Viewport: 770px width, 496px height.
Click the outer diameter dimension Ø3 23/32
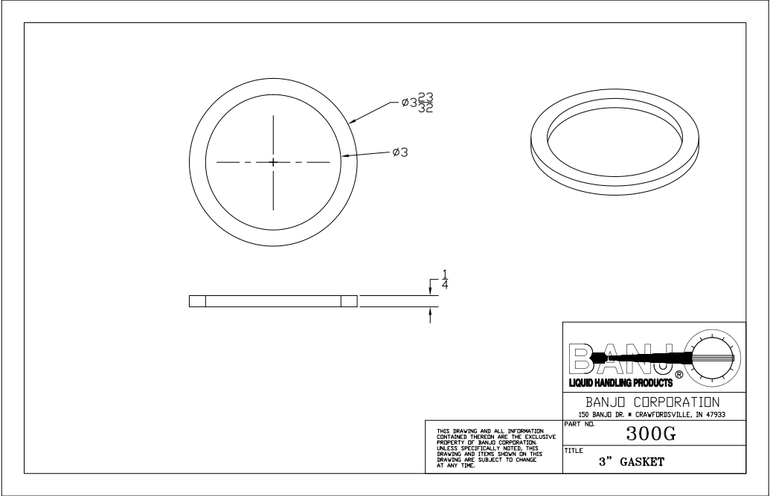(x=418, y=103)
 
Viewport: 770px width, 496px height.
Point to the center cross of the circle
(x=273, y=161)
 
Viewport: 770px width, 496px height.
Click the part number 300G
(x=650, y=432)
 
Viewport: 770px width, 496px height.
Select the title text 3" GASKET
(x=632, y=461)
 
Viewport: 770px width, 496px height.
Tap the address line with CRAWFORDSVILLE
(x=652, y=413)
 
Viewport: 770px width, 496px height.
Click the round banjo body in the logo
(x=713, y=358)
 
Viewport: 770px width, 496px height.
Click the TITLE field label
(x=573, y=451)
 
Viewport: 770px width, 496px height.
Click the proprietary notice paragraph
(x=490, y=448)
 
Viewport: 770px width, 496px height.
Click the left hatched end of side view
(x=197, y=301)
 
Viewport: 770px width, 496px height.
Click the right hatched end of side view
(x=349, y=301)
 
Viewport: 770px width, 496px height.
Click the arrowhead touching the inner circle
(x=346, y=155)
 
